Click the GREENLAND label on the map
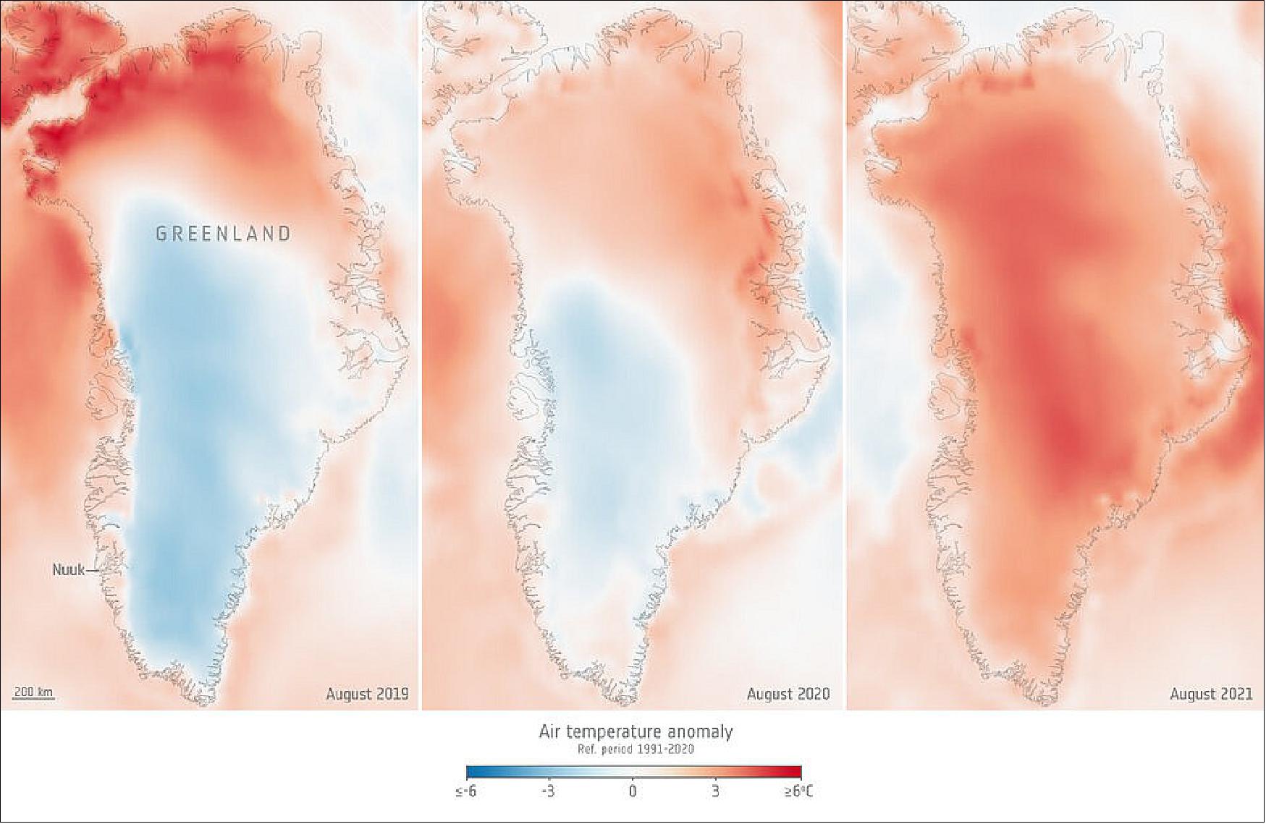coord(224,234)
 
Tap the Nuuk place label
coord(68,570)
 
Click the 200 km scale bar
coord(33,693)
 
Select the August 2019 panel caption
coord(367,694)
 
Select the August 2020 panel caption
coord(788,694)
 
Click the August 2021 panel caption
coord(1210,694)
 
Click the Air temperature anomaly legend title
coord(636,731)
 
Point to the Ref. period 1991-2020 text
coord(636,749)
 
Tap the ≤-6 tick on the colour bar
coord(465,791)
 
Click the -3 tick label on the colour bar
coord(548,791)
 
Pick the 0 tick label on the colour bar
coord(633,791)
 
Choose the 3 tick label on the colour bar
coord(715,791)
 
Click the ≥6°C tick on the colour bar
coord(798,791)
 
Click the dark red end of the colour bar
coord(796,771)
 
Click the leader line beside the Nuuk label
coord(93,570)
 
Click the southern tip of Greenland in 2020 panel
coord(631,700)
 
